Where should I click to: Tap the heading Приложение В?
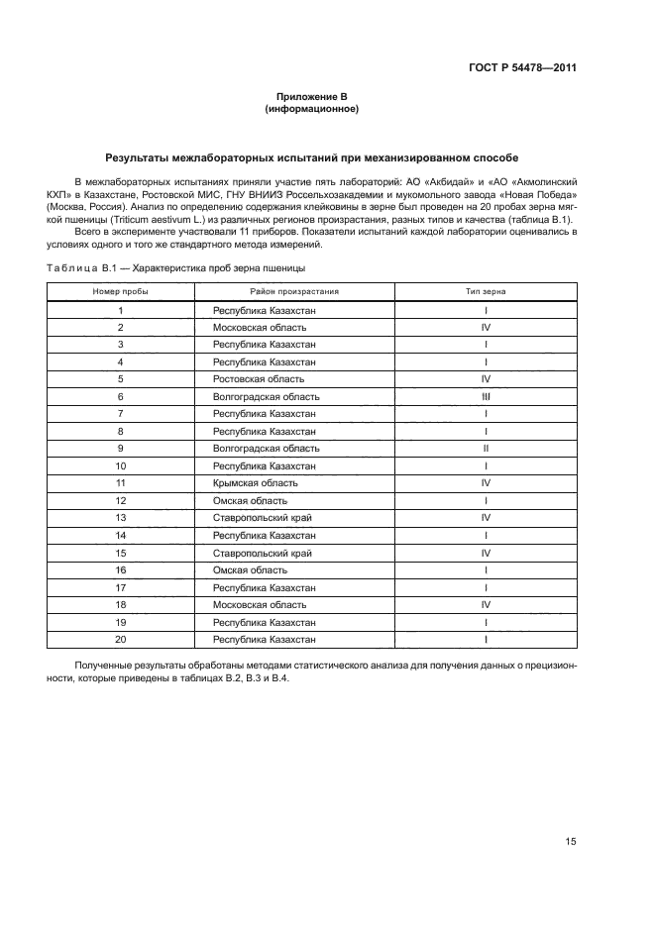click(311, 96)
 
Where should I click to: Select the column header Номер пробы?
click(120, 292)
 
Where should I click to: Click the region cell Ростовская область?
click(252, 379)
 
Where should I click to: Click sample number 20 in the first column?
click(120, 639)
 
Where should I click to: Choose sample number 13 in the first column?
click(120, 518)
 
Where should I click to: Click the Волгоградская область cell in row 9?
click(260, 449)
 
